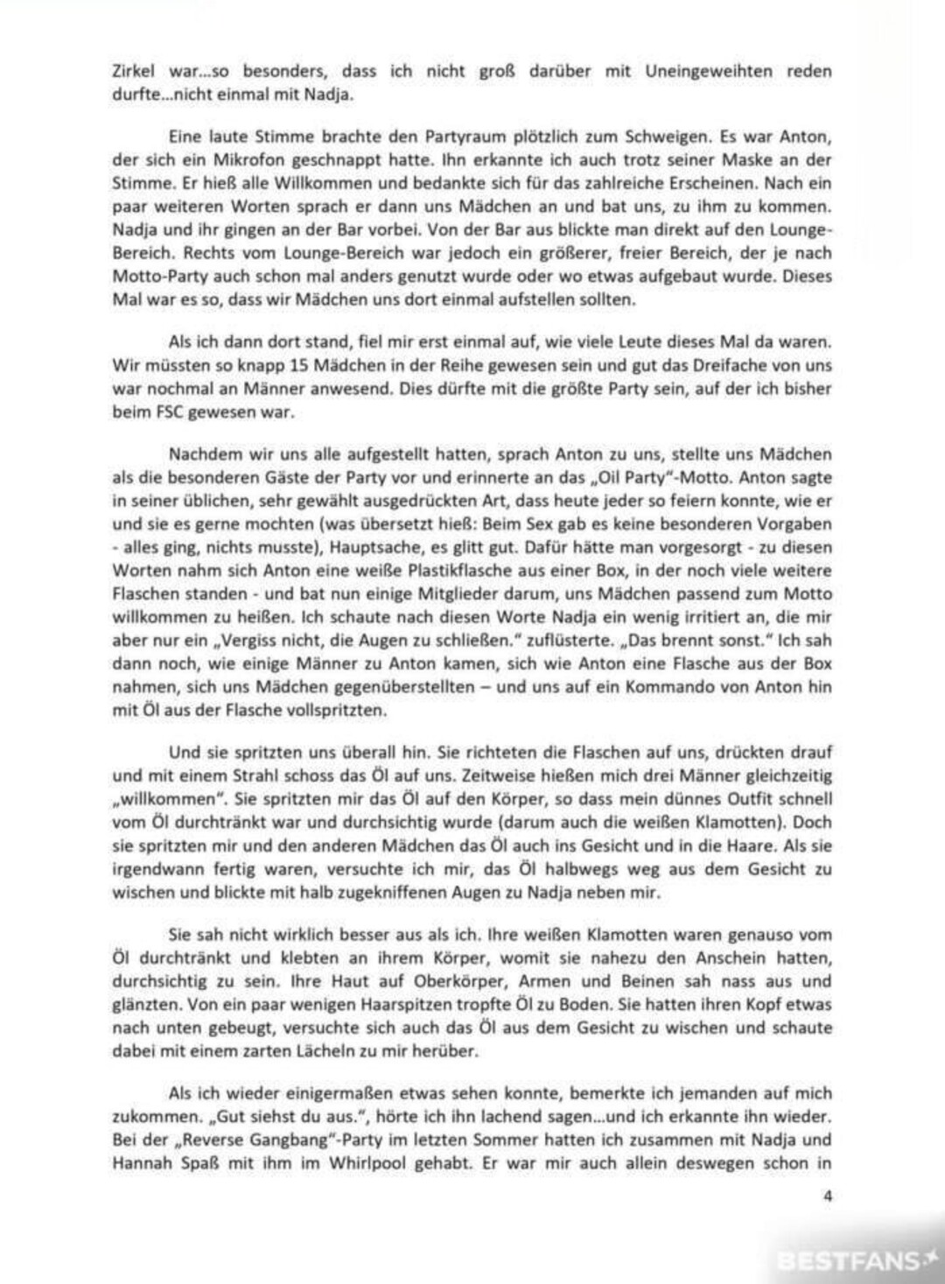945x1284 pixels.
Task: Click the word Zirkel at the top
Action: [134, 72]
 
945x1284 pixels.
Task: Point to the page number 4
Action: [827, 1196]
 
